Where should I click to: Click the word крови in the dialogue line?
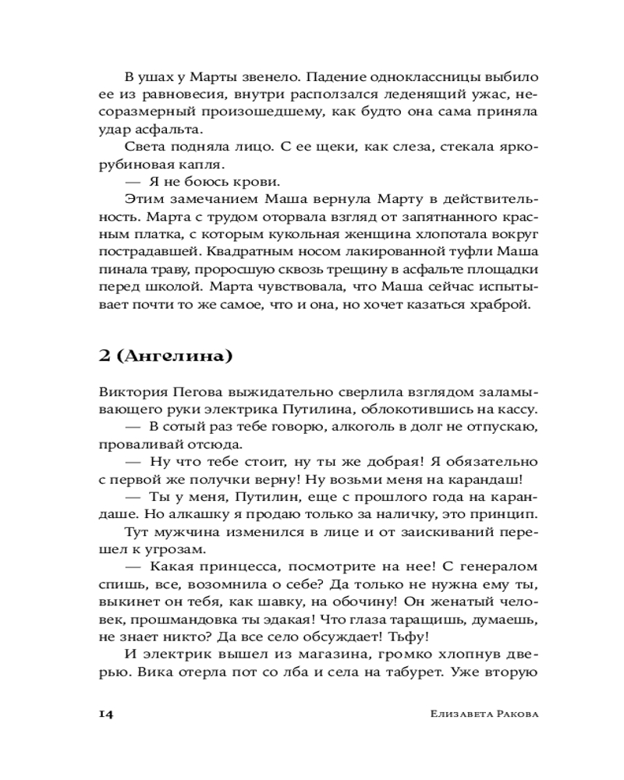pos(246,183)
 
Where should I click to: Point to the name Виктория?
pos(130,392)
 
